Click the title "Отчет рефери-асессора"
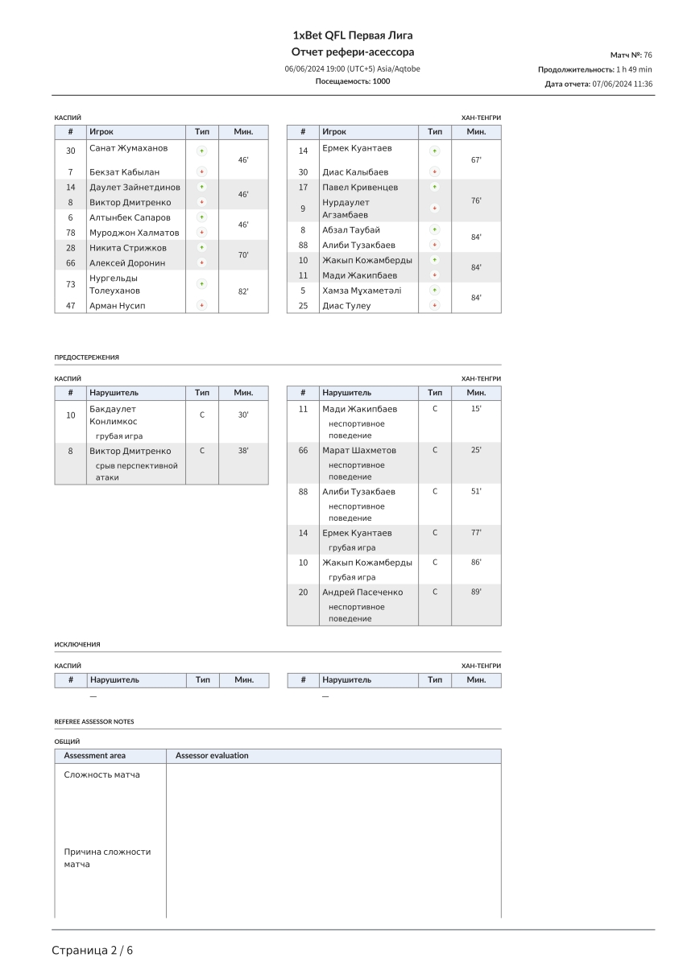pos(352,52)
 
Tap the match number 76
pos(648,55)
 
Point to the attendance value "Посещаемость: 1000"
pos(352,81)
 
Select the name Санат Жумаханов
pos(129,149)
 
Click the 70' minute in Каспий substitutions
pos(243,255)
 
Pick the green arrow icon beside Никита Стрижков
pos(201,247)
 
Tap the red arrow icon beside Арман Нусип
pos(201,306)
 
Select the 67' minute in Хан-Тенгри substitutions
pos(476,160)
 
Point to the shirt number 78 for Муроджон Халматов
pos(70,233)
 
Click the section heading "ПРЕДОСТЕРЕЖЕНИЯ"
pos(87,357)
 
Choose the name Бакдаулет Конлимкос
pos(114,415)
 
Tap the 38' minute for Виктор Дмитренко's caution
pos(243,451)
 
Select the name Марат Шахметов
pos(359,450)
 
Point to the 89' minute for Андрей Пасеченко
pos(476,592)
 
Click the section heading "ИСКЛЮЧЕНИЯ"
pos(77,645)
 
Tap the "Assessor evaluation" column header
pos(212,756)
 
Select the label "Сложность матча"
pos(102,774)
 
